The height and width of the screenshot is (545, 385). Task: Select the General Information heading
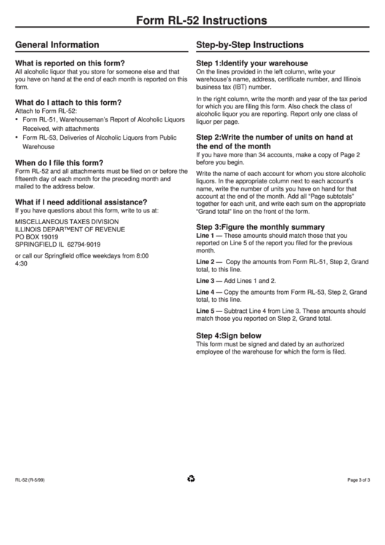(x=57, y=44)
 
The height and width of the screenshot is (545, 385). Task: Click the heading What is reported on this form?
(x=70, y=63)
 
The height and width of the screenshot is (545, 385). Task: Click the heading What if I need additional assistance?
(x=81, y=202)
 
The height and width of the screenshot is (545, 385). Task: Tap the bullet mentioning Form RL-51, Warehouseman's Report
(x=103, y=119)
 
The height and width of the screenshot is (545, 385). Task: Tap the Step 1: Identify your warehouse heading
(x=252, y=63)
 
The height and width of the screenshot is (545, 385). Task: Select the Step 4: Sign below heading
(x=229, y=335)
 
